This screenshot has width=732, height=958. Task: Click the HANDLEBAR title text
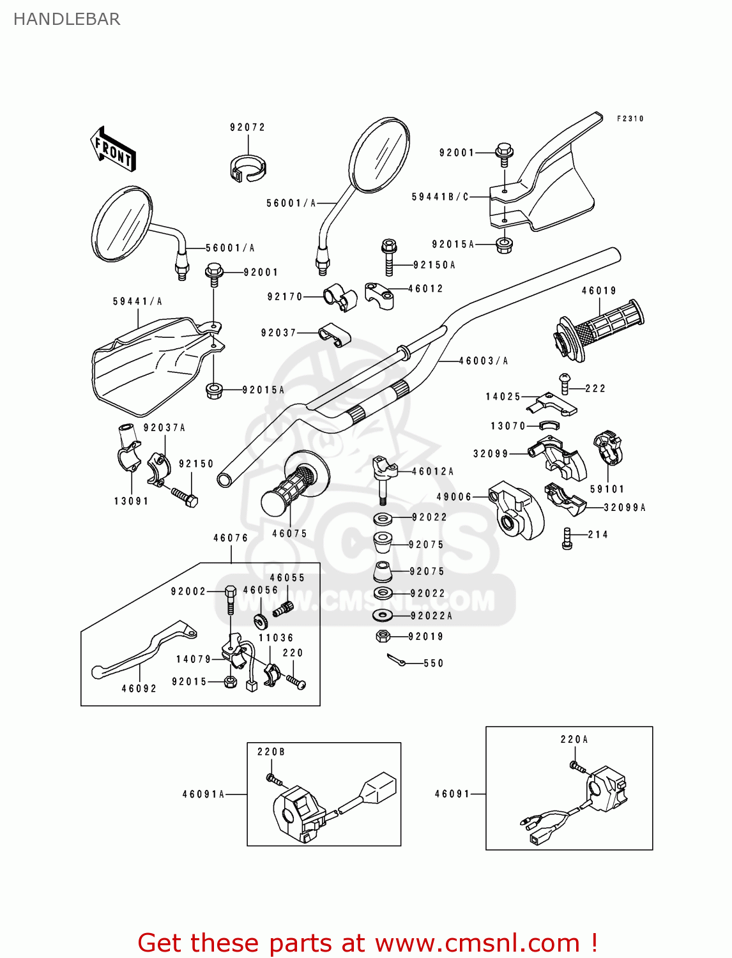pyautogui.click(x=66, y=19)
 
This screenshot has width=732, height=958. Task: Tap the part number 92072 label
pyautogui.click(x=247, y=127)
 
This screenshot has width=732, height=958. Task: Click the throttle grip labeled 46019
pyautogui.click(x=600, y=326)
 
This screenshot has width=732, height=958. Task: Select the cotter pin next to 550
pyautogui.click(x=396, y=660)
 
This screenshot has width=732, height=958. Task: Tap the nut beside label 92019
pyautogui.click(x=383, y=636)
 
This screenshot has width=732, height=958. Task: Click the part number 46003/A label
pyautogui.click(x=483, y=361)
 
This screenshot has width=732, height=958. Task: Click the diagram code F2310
pyautogui.click(x=630, y=119)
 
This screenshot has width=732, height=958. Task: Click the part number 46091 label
pyautogui.click(x=452, y=794)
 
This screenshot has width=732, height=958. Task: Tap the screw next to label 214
pyautogui.click(x=567, y=538)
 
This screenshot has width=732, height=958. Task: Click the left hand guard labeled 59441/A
pyautogui.click(x=150, y=364)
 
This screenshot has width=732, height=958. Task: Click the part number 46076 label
pyautogui.click(x=230, y=538)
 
